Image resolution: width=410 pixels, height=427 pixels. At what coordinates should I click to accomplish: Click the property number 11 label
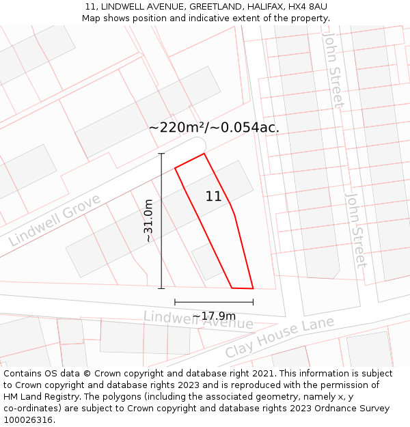[x=213, y=196]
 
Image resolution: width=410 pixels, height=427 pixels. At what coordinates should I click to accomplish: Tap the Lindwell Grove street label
[x=55, y=220]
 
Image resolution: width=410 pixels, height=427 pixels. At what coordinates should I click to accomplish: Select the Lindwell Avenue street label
[x=198, y=319]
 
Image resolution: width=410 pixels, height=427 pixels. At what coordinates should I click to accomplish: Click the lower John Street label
[x=356, y=231]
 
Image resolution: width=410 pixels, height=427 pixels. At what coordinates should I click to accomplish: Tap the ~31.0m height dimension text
[x=148, y=221]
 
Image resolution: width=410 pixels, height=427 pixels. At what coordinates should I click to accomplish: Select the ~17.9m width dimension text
[x=214, y=316]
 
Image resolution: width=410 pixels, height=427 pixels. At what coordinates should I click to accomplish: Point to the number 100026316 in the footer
[x=27, y=420]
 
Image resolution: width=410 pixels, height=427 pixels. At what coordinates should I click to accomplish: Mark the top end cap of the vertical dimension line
[x=161, y=154]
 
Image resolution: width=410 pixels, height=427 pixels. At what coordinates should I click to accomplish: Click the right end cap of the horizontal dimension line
[x=253, y=301]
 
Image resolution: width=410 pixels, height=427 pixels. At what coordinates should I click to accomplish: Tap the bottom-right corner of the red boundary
[x=253, y=288]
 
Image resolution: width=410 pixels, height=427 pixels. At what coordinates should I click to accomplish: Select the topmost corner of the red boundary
[x=204, y=154]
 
